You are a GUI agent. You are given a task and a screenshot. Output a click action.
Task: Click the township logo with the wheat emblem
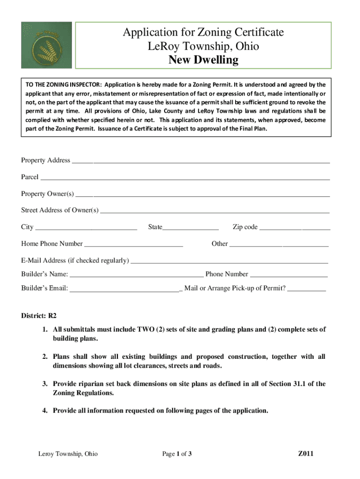click(x=46, y=45)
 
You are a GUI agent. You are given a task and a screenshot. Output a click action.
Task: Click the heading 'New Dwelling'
click(x=203, y=60)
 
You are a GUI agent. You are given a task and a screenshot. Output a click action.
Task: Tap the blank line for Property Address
click(x=201, y=161)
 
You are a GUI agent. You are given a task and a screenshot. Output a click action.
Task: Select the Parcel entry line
click(x=185, y=178)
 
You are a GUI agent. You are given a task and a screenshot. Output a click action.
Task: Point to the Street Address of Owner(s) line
click(x=215, y=211)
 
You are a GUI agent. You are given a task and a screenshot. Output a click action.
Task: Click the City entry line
click(x=86, y=228)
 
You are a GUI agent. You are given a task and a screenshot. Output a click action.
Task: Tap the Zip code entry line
click(x=295, y=228)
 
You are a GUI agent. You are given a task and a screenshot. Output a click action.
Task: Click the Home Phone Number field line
click(x=134, y=244)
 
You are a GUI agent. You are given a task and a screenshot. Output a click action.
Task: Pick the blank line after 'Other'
click(x=279, y=244)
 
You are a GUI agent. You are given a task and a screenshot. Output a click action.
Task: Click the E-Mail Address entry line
click(x=229, y=261)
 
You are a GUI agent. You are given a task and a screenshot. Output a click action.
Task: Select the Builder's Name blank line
click(x=136, y=275)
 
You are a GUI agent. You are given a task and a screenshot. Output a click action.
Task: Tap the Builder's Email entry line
click(x=124, y=289)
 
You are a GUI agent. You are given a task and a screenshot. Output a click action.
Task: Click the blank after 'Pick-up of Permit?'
click(x=307, y=289)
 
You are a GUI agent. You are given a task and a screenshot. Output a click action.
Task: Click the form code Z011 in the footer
click(x=306, y=454)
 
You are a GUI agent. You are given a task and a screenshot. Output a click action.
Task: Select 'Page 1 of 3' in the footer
click(x=177, y=454)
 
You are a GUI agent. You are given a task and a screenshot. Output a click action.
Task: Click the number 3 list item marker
click(x=45, y=384)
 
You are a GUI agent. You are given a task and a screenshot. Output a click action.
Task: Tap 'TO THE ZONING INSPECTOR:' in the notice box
click(x=64, y=85)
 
